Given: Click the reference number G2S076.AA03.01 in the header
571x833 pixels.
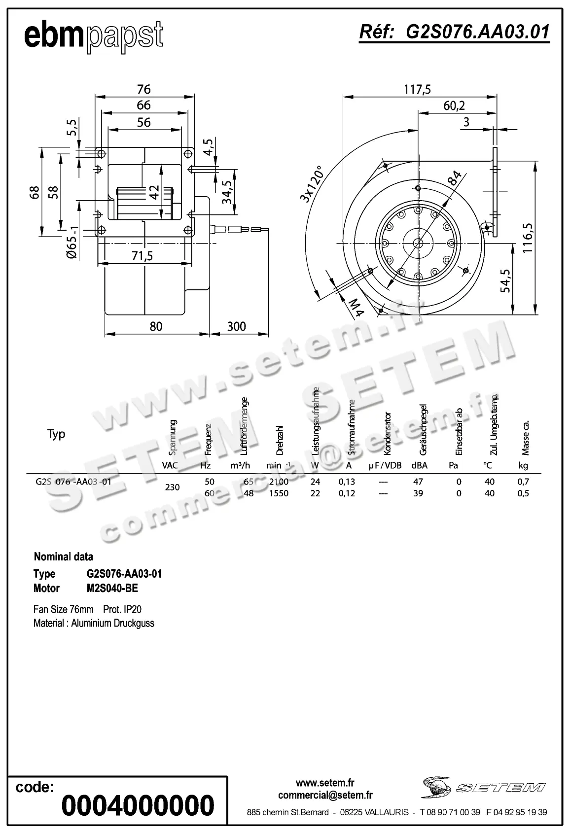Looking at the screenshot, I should (454, 32).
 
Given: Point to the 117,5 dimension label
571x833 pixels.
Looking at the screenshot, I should (417, 89).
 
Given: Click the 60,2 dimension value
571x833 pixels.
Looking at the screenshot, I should (454, 105).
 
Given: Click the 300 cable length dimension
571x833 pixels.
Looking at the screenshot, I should (237, 326).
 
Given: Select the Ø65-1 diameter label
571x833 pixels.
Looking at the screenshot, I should (72, 242).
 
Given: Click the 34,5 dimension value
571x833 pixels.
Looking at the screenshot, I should (227, 192).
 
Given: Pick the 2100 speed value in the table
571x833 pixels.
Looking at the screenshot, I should (279, 482).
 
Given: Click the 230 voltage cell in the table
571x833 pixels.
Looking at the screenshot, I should (172, 487).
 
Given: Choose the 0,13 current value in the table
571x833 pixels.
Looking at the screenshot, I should (347, 482).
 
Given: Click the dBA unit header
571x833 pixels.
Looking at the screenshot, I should (419, 465).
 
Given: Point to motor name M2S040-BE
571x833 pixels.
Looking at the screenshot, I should (112, 588).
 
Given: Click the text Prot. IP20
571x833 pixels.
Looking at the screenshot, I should (122, 609).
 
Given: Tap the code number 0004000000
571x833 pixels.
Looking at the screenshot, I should (138, 805).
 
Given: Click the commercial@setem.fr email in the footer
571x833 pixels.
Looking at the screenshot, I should (325, 795).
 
